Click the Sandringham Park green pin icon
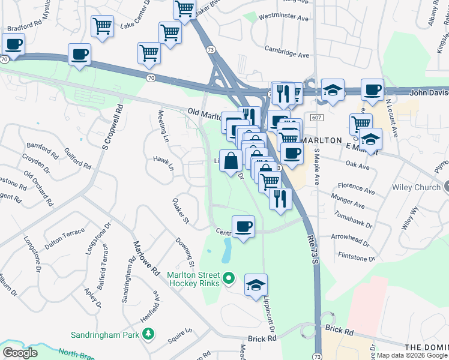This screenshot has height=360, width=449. click(x=147, y=334)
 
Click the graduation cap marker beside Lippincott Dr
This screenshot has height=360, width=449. click(x=256, y=285)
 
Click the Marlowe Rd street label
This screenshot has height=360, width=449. click(x=146, y=257)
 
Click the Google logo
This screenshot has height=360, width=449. click(x=20, y=353)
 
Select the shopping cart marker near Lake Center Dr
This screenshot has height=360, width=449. click(x=103, y=26)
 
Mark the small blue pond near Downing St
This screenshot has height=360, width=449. click(x=226, y=251)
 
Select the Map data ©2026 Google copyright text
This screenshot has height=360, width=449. click(x=412, y=355)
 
